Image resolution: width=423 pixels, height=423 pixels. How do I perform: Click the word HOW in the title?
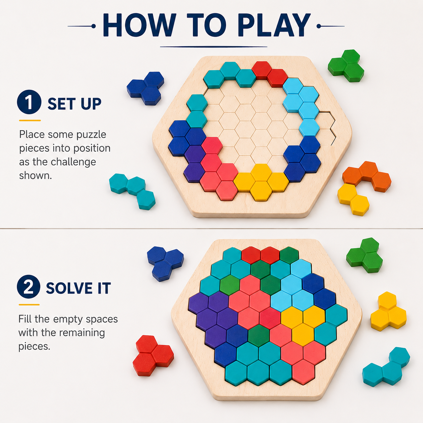(x=140, y=25)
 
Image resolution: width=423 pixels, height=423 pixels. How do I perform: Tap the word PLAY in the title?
(x=274, y=25)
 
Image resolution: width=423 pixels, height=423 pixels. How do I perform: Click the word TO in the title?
(x=207, y=25)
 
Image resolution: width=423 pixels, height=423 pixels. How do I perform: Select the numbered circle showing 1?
(x=29, y=102)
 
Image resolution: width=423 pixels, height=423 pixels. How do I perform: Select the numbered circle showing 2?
(x=29, y=287)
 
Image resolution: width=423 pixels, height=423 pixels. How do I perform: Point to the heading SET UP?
(x=75, y=104)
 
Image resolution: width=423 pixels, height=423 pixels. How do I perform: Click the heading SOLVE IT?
(x=79, y=288)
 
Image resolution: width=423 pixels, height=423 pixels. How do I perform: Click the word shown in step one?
(x=35, y=176)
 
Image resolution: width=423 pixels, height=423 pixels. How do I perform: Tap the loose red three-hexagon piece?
(x=153, y=356)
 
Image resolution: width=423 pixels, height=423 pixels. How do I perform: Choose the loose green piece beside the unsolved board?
(x=346, y=66)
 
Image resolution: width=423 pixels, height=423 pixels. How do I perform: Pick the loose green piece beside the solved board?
(x=364, y=255)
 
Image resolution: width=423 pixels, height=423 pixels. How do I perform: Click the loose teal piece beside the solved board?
(x=386, y=367)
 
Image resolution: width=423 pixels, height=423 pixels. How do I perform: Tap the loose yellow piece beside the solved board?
(x=388, y=311)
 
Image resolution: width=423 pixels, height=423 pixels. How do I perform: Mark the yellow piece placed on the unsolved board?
(x=261, y=182)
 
